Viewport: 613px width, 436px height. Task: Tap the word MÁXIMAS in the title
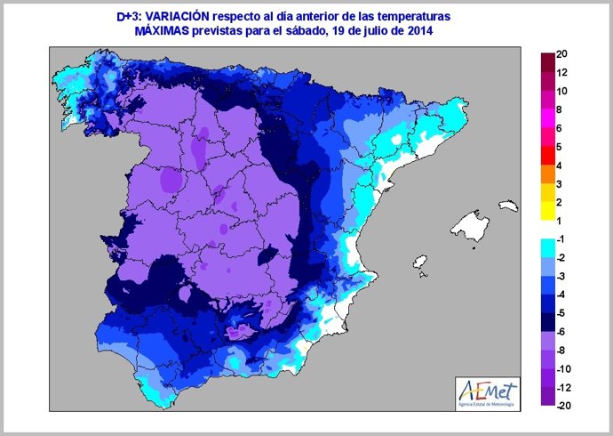[162, 32]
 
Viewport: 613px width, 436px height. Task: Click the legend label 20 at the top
[561, 54]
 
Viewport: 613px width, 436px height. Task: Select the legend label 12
[561, 73]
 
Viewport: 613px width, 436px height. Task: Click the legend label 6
[561, 128]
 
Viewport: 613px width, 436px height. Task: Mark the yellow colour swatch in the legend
[547, 211]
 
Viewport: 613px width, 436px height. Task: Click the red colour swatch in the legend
[547, 157]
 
